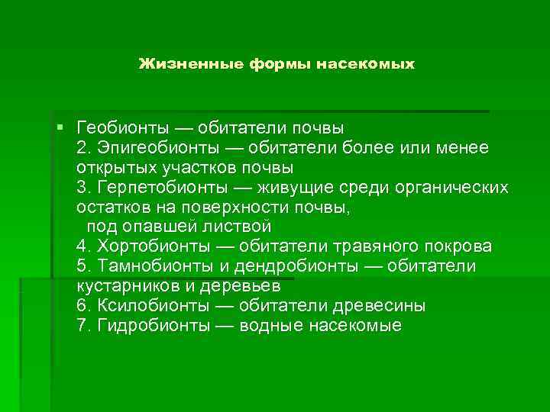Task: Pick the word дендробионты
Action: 296,267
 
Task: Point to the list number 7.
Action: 82,326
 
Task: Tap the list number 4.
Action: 82,247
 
